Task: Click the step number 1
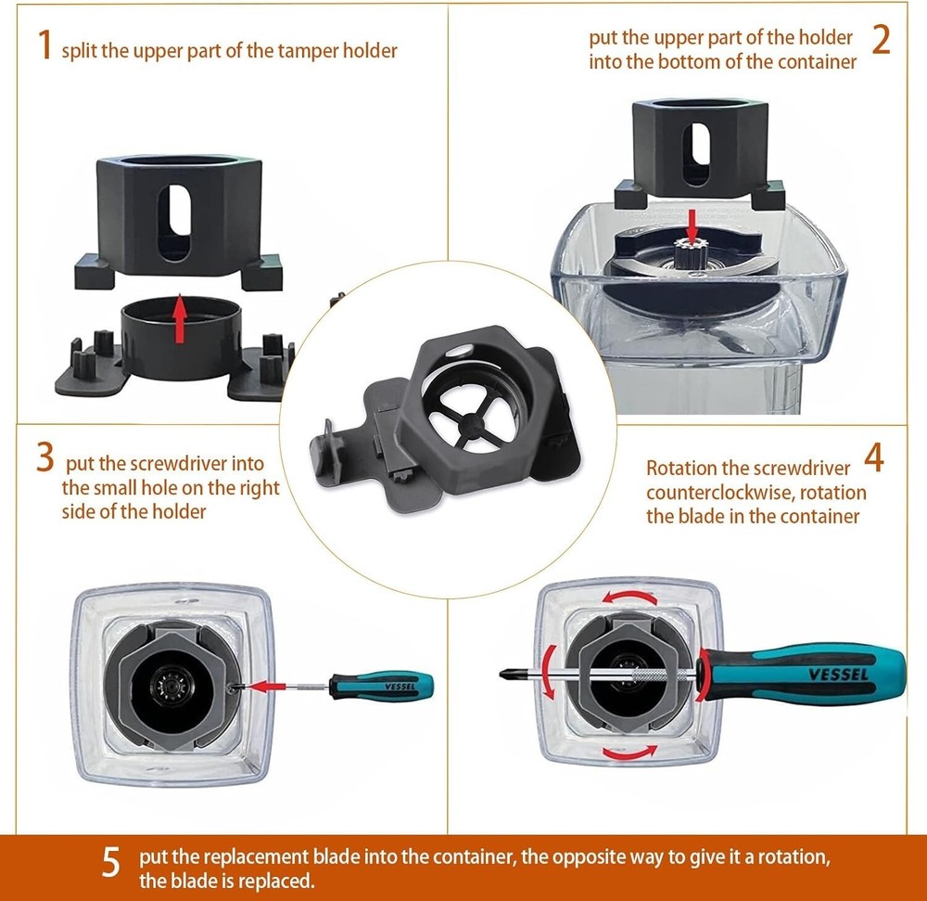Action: pos(44,45)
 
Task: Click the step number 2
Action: pos(881,40)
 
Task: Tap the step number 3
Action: pos(44,457)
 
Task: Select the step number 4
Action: pos(874,457)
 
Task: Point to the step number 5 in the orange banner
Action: pos(111,861)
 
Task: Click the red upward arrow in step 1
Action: pos(181,317)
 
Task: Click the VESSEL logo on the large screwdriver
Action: pos(838,674)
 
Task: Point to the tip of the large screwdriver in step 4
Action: pos(502,674)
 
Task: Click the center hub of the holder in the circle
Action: pos(470,423)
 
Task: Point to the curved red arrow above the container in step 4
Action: pos(630,597)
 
